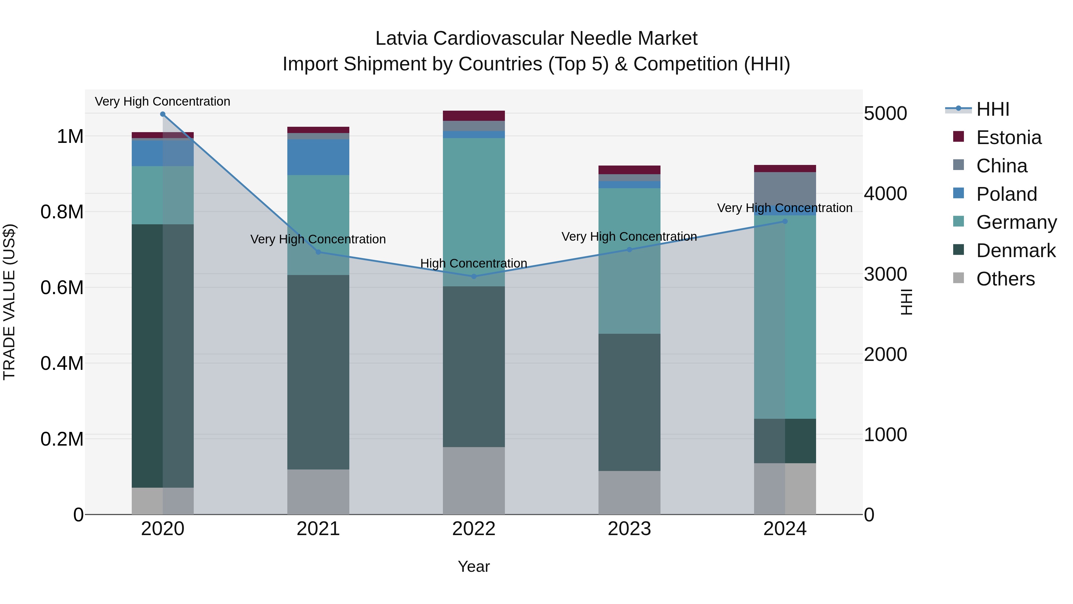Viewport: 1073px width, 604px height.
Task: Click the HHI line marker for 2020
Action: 163,114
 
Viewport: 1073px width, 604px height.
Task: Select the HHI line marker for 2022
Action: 474,276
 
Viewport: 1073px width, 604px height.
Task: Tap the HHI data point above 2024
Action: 785,221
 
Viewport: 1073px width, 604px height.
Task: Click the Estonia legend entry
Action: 1008,138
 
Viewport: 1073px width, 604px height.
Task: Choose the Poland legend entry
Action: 1006,194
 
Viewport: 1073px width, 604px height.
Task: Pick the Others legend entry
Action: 1005,279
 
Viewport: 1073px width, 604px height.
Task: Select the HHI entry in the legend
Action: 993,109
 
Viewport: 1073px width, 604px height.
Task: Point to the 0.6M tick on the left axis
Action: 62,288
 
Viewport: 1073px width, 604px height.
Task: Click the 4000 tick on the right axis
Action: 886,194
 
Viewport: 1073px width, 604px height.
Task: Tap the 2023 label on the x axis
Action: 629,529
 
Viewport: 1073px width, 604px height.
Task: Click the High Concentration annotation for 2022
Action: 474,263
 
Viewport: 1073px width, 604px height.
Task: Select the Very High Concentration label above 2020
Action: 162,101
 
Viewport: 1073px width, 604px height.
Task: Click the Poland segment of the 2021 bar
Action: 318,157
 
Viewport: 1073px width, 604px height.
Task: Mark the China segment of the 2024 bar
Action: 785,188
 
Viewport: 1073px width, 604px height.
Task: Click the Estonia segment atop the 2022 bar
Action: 474,115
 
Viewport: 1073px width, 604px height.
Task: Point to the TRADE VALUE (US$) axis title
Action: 9,302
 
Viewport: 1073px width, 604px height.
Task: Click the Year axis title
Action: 474,566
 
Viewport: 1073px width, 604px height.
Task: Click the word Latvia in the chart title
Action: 401,38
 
